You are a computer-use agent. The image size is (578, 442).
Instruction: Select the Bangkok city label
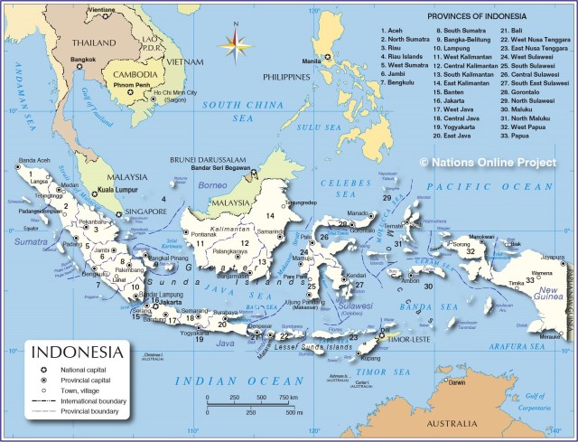pos(83,60)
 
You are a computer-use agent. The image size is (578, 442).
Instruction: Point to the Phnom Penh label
pos(130,85)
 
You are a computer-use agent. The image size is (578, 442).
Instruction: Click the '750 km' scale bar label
pos(288,398)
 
